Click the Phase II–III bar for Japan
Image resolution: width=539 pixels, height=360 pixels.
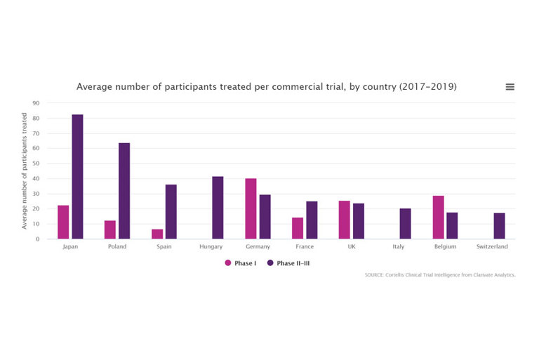point(77,177)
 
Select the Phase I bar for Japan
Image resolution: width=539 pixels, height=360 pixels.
point(63,222)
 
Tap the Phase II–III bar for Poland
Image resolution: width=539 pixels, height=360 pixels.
point(124,191)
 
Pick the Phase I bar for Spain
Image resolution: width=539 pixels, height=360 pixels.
point(157,234)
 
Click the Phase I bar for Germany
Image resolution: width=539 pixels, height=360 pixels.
point(251,209)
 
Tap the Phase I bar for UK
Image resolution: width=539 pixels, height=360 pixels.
point(345,220)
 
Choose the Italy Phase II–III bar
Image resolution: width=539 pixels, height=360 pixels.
point(405,224)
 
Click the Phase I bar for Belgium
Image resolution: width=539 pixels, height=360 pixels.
point(438,218)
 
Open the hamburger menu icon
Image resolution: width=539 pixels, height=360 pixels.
point(510,87)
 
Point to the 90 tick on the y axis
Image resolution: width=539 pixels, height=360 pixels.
point(36,103)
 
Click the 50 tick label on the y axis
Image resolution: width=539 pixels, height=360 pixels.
point(36,164)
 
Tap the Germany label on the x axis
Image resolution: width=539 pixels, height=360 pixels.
point(258,247)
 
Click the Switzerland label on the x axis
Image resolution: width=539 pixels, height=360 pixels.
point(491,247)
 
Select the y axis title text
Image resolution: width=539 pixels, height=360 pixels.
point(25,173)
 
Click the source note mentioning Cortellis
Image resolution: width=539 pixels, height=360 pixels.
point(440,275)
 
